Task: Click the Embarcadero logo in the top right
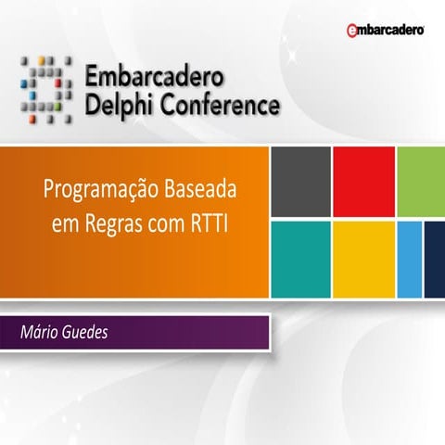pyautogui.click(x=386, y=31)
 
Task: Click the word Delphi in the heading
pyautogui.click(x=120, y=107)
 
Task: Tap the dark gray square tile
pyautogui.click(x=299, y=182)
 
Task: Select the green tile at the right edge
pyautogui.click(x=421, y=182)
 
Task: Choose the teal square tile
pyautogui.click(x=299, y=259)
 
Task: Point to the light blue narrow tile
pyautogui.click(x=409, y=259)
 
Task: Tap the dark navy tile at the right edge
pyautogui.click(x=434, y=259)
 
